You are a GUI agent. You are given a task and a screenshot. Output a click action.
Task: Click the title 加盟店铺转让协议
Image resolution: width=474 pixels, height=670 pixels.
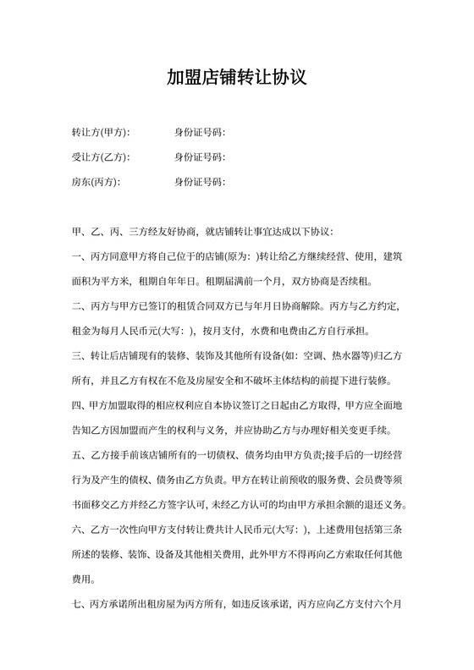coord(236,79)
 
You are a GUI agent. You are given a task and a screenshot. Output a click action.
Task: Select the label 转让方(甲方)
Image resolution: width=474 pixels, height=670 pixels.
coord(101,133)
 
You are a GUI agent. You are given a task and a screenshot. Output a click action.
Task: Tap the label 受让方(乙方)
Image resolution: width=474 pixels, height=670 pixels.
coord(101,157)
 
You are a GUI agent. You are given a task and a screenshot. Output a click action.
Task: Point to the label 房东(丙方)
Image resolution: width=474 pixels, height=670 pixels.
coord(96,182)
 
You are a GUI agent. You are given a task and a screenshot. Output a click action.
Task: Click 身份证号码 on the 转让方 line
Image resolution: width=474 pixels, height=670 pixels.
coord(199,133)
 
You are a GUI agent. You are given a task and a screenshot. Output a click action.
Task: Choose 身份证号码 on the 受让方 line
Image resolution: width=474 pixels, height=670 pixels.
coord(199,157)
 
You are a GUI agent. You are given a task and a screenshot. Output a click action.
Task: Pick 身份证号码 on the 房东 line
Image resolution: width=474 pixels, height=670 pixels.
coord(199,182)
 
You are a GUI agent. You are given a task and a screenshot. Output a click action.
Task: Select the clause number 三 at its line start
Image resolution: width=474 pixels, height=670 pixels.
coord(78,356)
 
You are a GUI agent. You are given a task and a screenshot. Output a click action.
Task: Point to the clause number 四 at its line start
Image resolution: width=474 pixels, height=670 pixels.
coord(78,406)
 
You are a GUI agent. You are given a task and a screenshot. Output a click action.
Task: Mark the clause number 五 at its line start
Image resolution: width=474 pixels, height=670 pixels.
coord(78,456)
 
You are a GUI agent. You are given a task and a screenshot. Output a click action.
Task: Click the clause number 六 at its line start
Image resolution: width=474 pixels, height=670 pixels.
coord(78,530)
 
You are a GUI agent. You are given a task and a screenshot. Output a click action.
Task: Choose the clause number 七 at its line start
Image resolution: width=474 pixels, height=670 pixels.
coord(78,605)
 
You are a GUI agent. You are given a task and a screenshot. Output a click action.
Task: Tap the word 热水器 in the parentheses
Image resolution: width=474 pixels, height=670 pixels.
coord(332,356)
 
